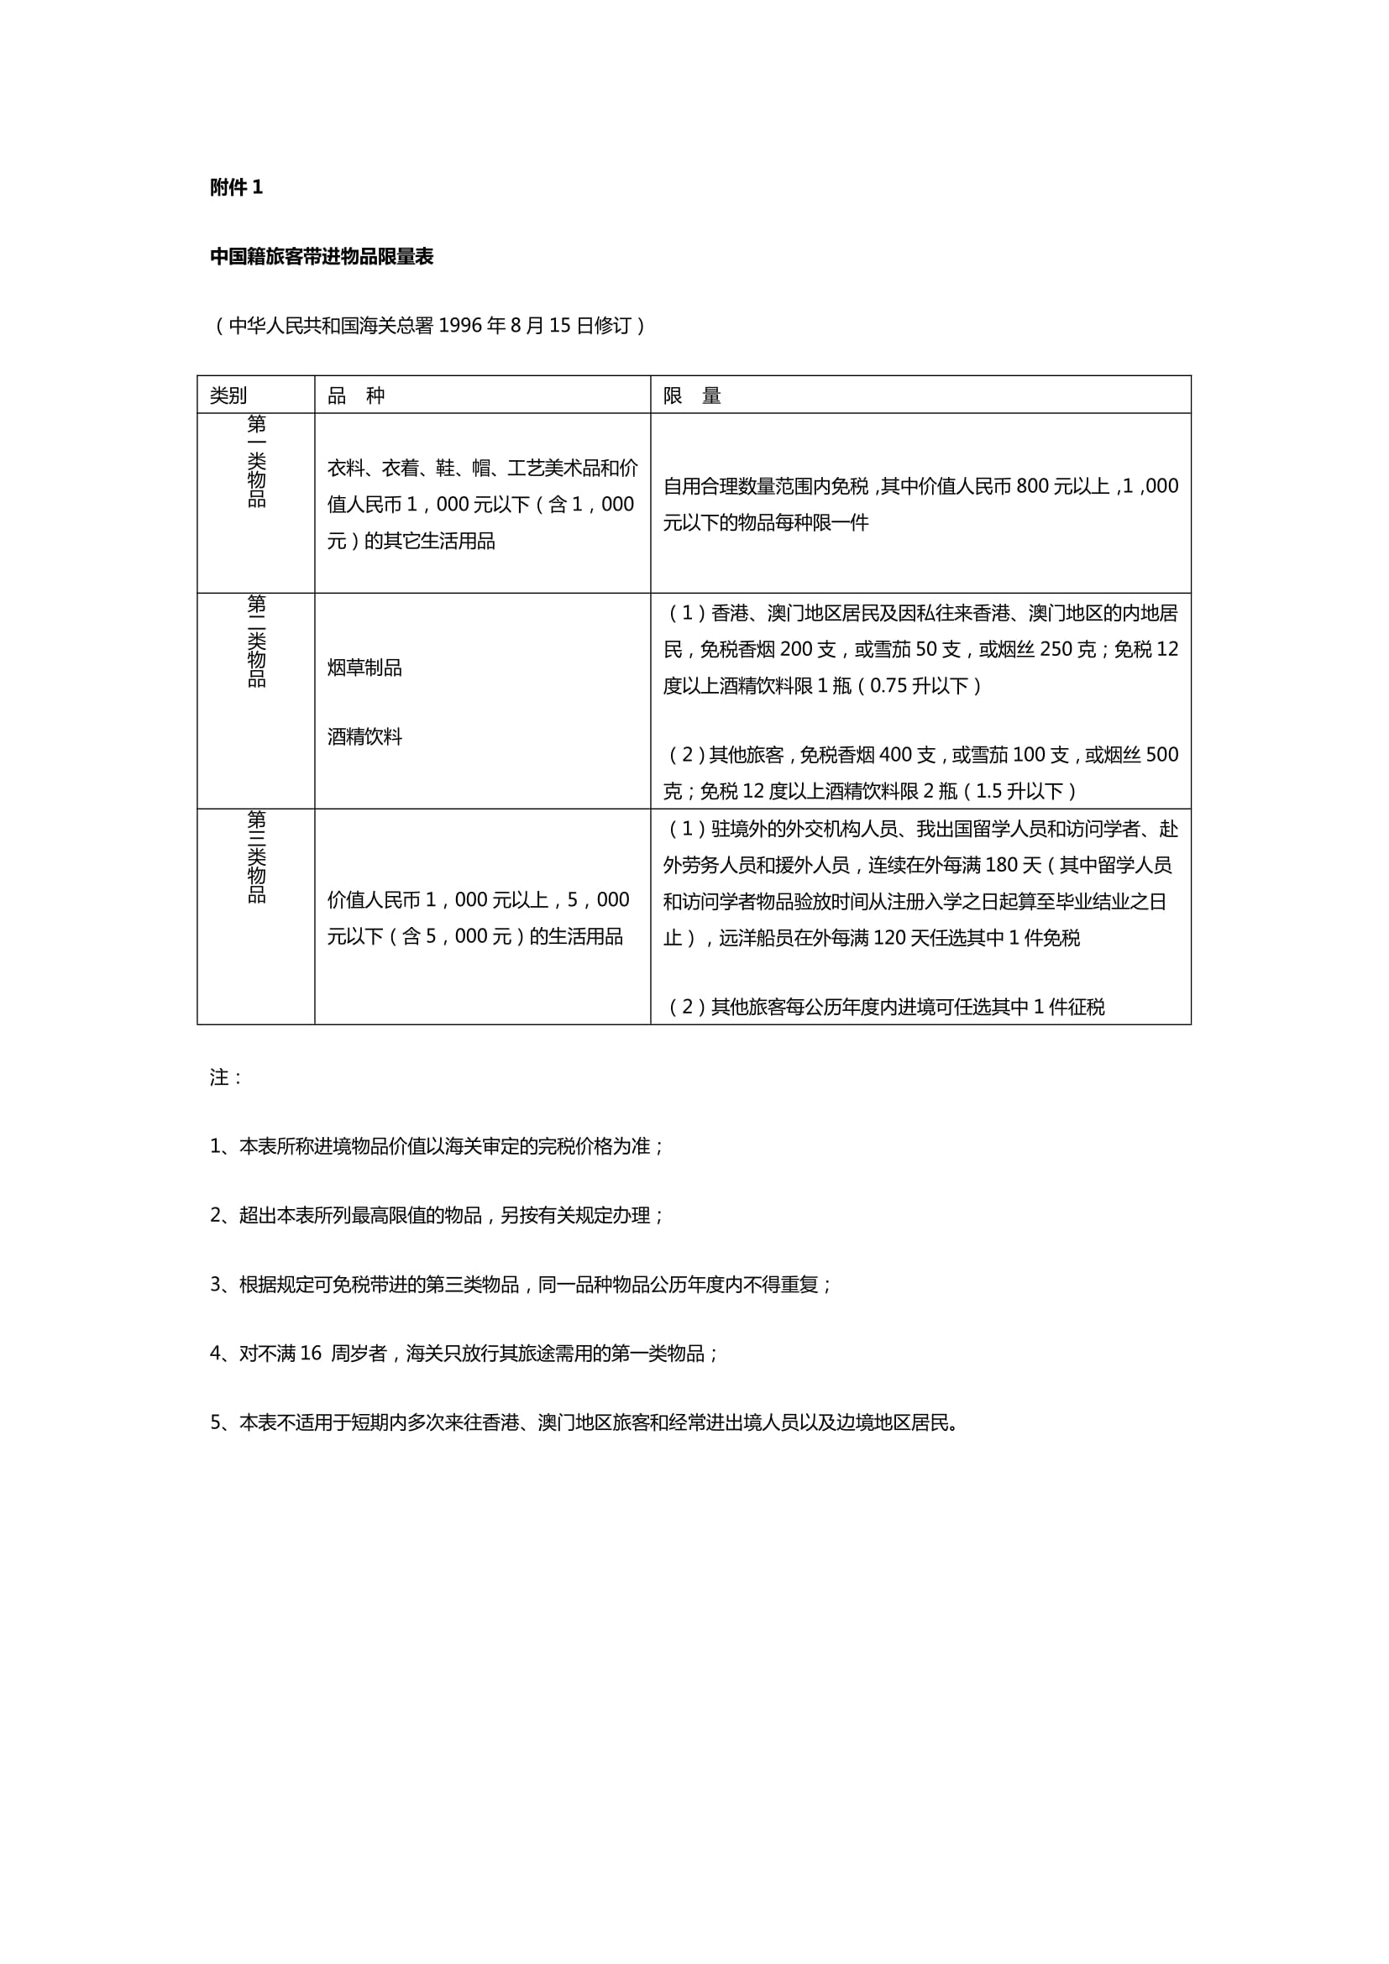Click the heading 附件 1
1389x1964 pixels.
pyautogui.click(x=236, y=187)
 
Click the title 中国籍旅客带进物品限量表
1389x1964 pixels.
pyautogui.click(x=322, y=257)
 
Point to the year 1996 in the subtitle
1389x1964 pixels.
pyautogui.click(x=460, y=326)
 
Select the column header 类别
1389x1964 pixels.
pyautogui.click(x=228, y=395)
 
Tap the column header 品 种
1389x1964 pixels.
pyautogui.click(x=356, y=395)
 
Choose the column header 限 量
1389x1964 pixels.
pyautogui.click(x=692, y=395)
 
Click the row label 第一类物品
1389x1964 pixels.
pyautogui.click(x=257, y=461)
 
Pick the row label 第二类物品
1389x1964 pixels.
pyautogui.click(x=257, y=641)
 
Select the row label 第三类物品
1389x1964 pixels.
pyautogui.click(x=257, y=856)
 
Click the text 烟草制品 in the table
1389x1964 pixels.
pyautogui.click(x=364, y=668)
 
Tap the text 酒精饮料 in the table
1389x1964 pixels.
pyautogui.click(x=364, y=737)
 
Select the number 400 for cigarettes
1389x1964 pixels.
pyautogui.click(x=894, y=756)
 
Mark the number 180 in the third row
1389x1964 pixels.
pyautogui.click(x=1002, y=866)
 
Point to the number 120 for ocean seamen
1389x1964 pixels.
pyautogui.click(x=889, y=939)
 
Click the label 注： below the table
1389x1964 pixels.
pyautogui.click(x=226, y=1078)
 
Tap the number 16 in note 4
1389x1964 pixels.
pyautogui.click(x=311, y=1354)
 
